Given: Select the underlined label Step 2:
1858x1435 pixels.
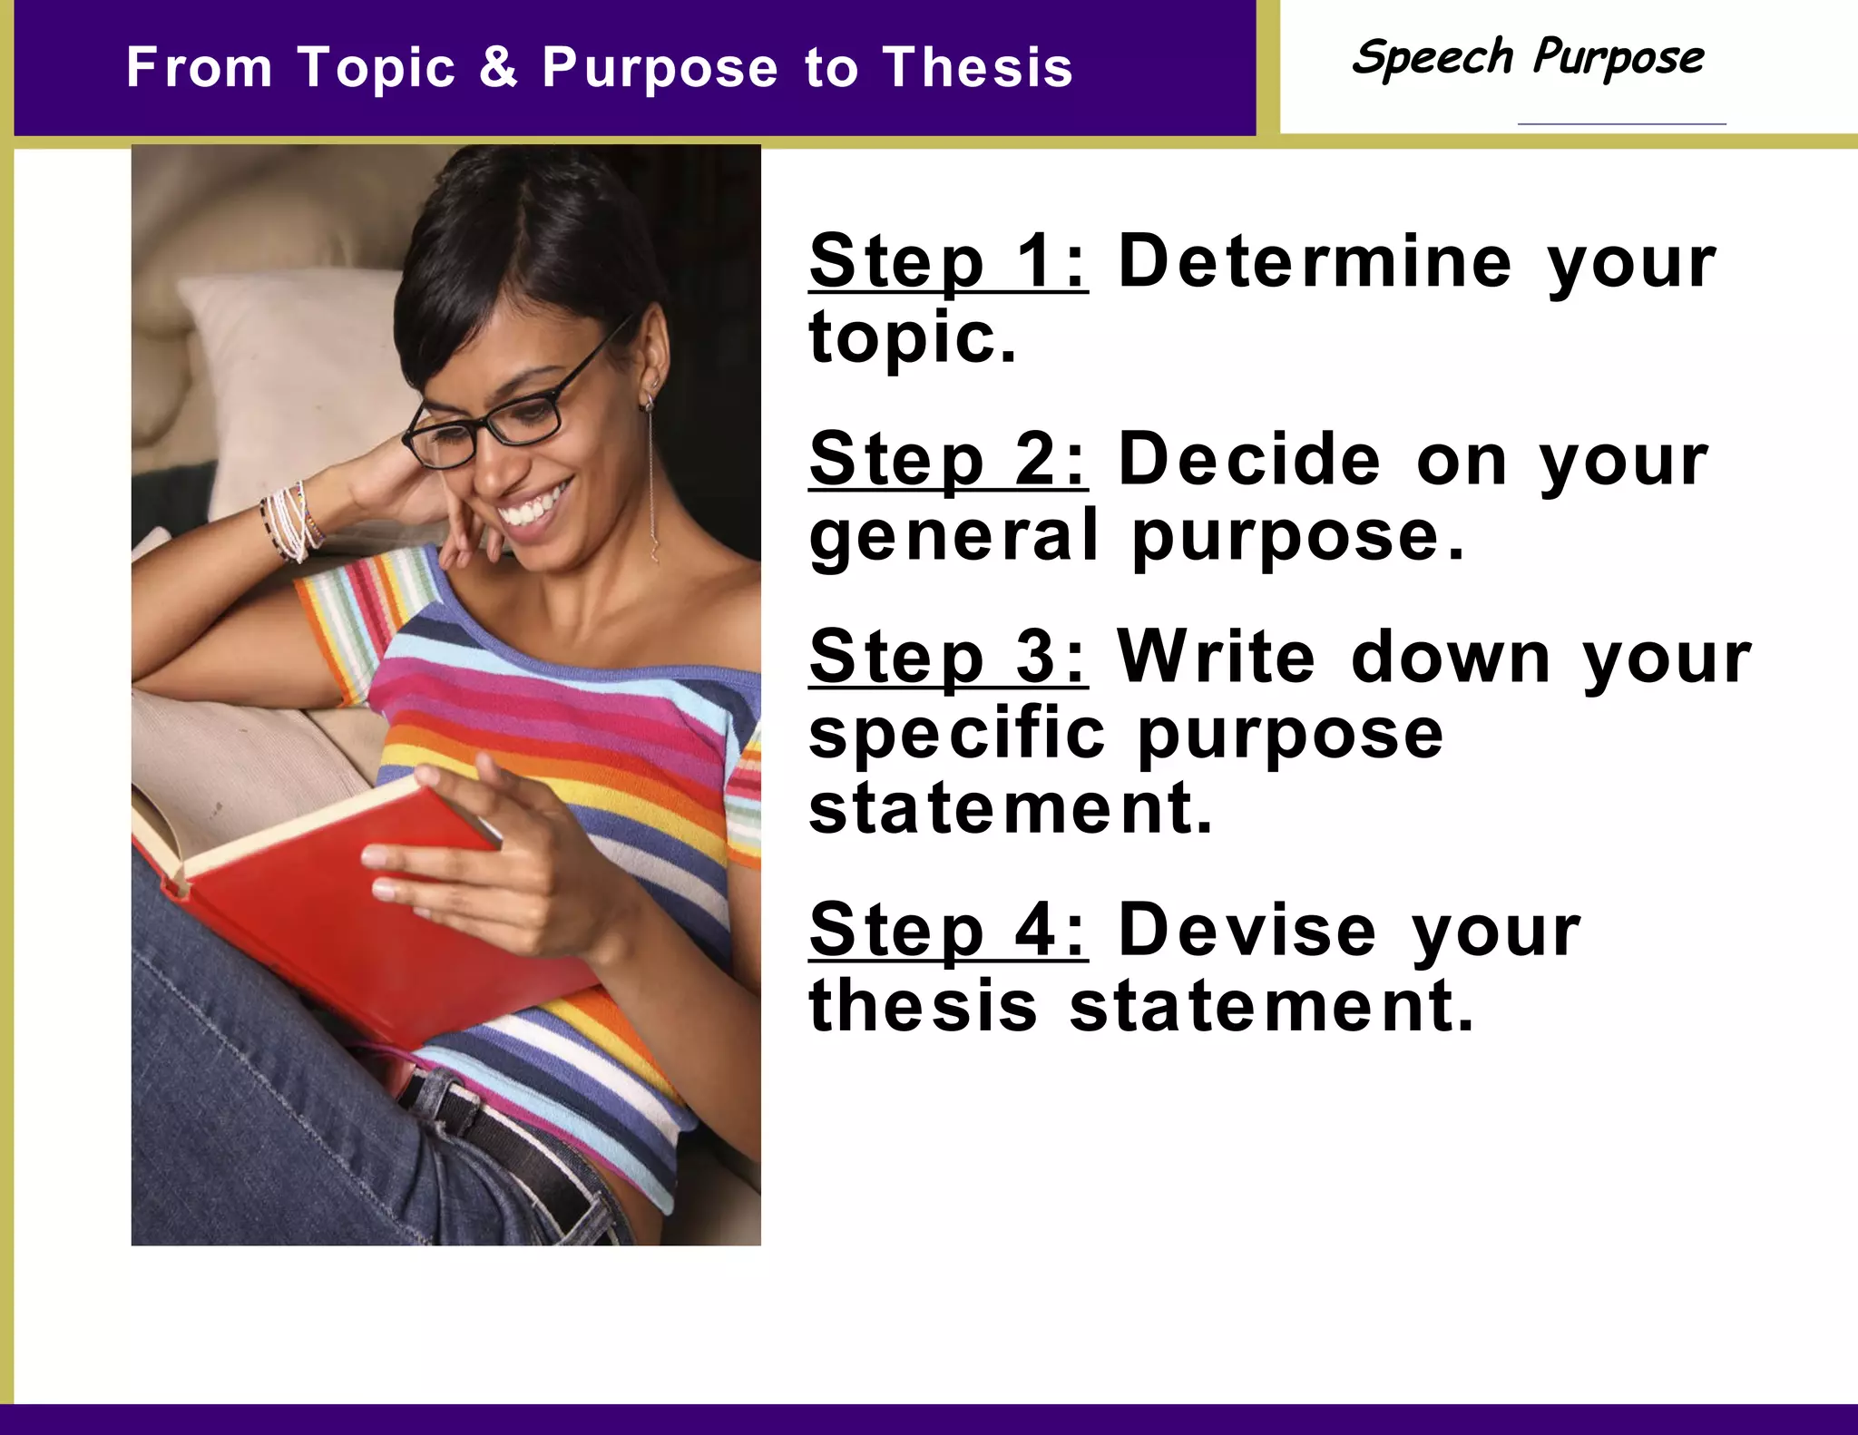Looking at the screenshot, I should tap(947, 460).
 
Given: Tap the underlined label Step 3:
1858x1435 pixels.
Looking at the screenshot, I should tap(947, 658).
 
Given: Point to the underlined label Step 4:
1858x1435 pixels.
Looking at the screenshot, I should tap(947, 931).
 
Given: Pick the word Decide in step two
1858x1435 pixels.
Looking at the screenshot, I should tap(1250, 460).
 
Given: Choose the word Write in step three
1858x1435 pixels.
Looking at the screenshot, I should tap(1216, 658).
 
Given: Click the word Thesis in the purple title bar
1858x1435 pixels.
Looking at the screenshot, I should tap(978, 68).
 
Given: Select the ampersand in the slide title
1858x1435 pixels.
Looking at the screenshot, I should tap(498, 68).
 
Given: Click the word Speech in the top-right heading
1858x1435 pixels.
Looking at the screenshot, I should tap(1432, 58).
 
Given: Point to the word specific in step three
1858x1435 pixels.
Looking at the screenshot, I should tap(957, 735).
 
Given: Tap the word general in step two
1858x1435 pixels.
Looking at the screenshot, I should tap(953, 537).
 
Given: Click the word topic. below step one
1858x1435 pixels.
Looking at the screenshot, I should tap(913, 338).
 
